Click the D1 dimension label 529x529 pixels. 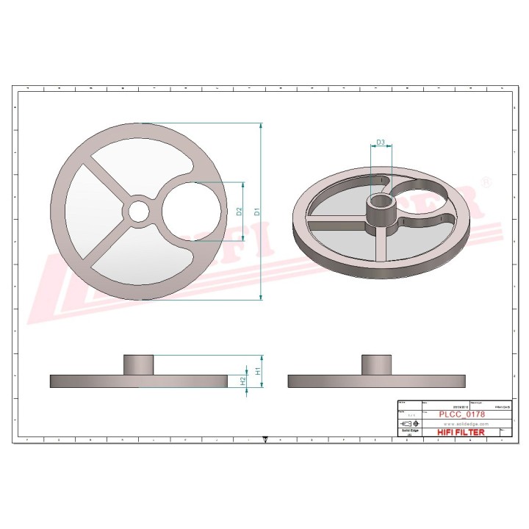coord(256,211)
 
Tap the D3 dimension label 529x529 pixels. coord(381,141)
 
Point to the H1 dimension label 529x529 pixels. coord(257,371)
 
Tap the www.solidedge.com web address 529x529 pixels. coord(461,425)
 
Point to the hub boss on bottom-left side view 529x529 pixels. coord(137,364)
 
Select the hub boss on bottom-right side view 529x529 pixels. coord(375,364)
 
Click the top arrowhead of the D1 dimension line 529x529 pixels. coord(262,126)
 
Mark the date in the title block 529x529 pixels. coord(455,406)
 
